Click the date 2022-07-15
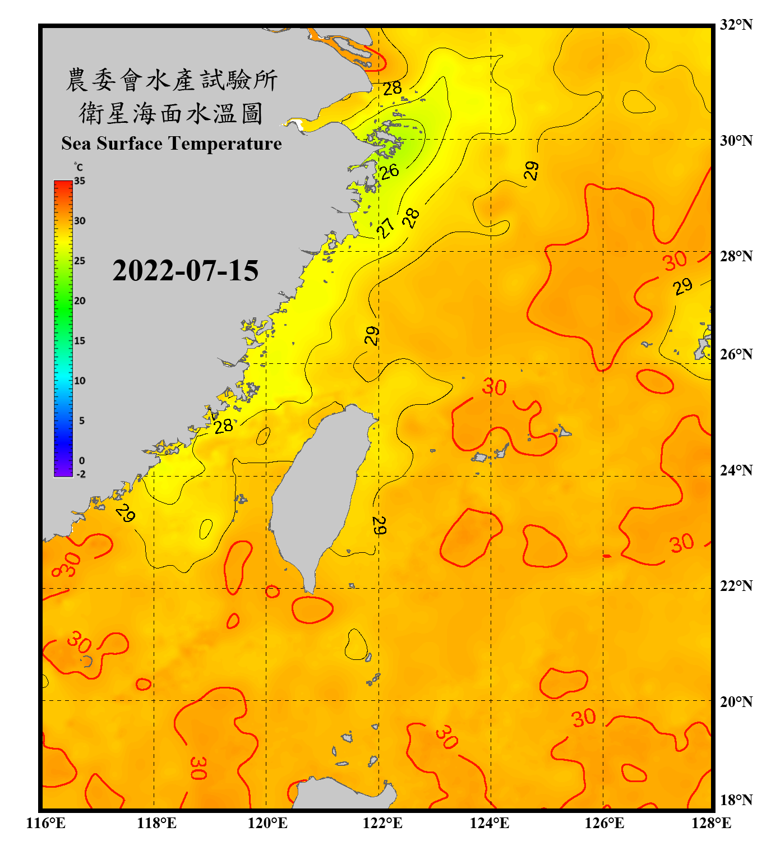click(185, 271)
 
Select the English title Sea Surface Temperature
click(172, 144)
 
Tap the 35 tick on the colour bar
click(80, 181)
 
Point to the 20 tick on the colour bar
click(80, 301)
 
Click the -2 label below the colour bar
click(81, 474)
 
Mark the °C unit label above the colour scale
click(79, 167)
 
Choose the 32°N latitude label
click(736, 25)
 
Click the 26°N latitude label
click(736, 354)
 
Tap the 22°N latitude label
click(736, 586)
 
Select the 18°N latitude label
click(736, 800)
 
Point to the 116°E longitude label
click(45, 823)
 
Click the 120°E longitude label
click(267, 823)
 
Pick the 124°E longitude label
click(490, 823)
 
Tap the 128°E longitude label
click(711, 823)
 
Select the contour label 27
click(385, 228)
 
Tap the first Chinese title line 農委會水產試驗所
click(172, 80)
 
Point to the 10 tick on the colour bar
click(80, 381)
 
